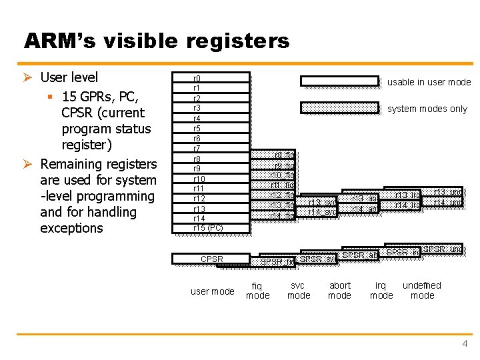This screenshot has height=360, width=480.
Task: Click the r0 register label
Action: click(x=197, y=78)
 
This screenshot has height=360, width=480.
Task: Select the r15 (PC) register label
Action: click(x=207, y=228)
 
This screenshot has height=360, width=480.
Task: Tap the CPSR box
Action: click(x=211, y=259)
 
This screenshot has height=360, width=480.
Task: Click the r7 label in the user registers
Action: click(x=197, y=148)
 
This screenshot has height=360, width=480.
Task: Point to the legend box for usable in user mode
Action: click(x=339, y=81)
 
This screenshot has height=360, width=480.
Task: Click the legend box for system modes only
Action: click(x=339, y=107)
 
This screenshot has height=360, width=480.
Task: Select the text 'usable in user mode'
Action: click(x=429, y=82)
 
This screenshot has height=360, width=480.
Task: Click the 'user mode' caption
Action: click(x=212, y=291)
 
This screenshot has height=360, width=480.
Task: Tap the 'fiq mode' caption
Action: click(x=258, y=291)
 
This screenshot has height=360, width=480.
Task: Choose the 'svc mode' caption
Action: click(x=298, y=291)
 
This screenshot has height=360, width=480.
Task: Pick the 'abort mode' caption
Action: click(x=340, y=291)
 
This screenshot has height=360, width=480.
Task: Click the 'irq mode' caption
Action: click(x=381, y=291)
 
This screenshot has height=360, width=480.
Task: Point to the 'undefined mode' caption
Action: click(x=422, y=291)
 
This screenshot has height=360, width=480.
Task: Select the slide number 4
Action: click(x=465, y=343)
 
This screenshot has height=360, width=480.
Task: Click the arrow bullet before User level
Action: click(x=30, y=77)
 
